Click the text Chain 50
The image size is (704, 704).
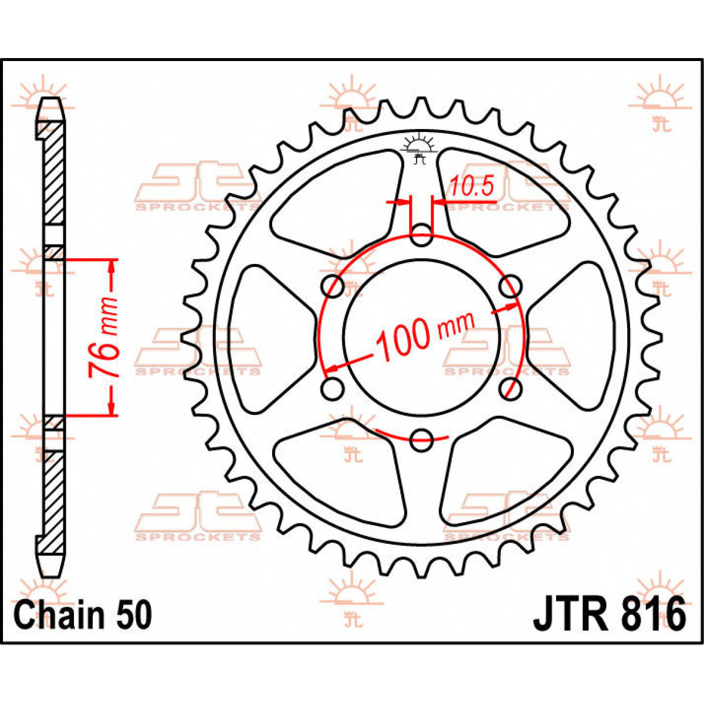tap(83, 615)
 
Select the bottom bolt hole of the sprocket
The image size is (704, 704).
tap(421, 439)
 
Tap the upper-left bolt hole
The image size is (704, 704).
tap(333, 287)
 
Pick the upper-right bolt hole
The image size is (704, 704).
tap(510, 287)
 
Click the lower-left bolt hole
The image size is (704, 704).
tap(333, 388)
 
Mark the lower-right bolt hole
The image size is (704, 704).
tap(509, 388)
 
